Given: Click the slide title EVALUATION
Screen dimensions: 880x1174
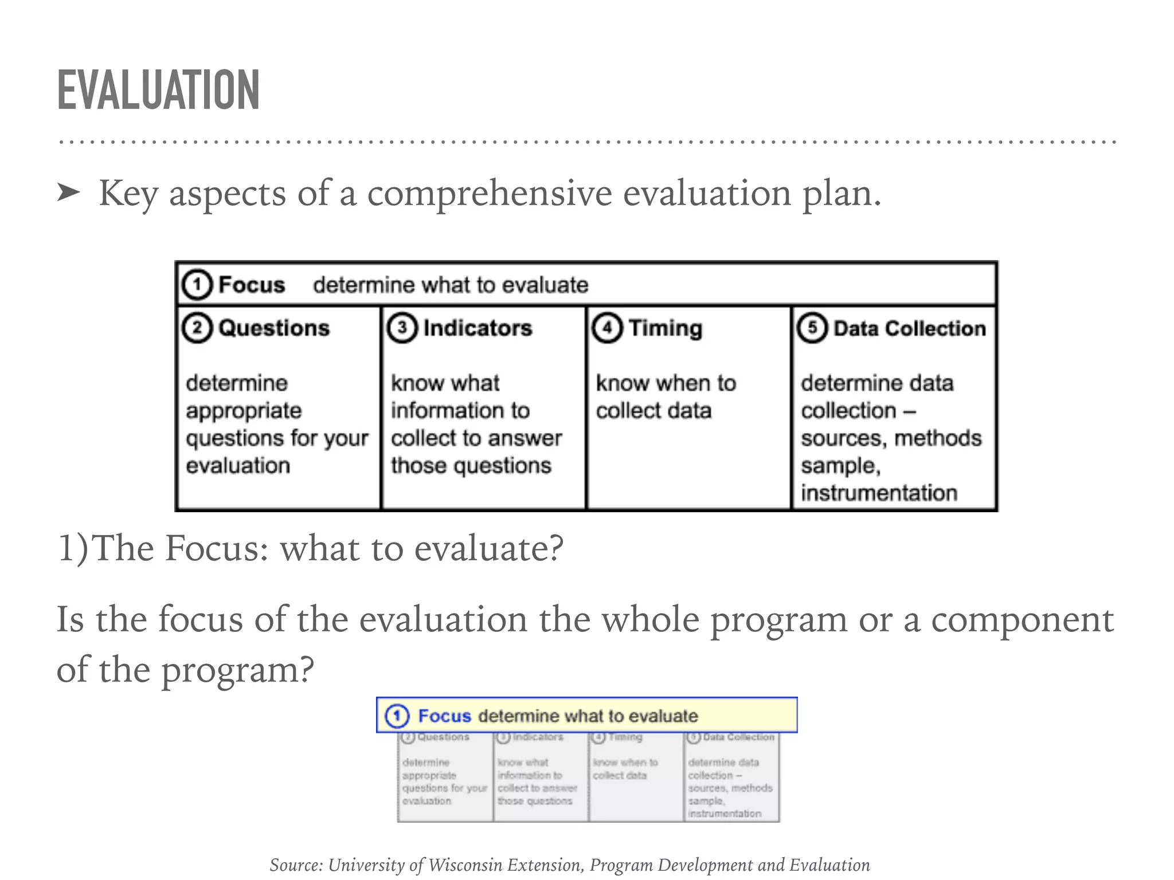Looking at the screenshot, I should (x=158, y=90).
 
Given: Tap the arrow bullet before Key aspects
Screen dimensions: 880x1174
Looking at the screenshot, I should (x=69, y=193).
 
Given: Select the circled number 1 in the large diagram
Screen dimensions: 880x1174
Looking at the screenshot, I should (x=197, y=285).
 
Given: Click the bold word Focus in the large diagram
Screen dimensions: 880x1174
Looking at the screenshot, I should (x=252, y=285).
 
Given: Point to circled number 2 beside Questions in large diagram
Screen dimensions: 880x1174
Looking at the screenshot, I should (x=197, y=328).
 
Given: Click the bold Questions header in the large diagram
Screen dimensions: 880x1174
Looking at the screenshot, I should (x=274, y=328).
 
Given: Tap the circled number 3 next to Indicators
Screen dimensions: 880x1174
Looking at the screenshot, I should (x=402, y=328).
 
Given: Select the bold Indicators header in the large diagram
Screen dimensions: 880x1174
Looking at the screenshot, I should (x=478, y=328).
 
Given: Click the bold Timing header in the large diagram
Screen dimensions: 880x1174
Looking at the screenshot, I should (x=665, y=328).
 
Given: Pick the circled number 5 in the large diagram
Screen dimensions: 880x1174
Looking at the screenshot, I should (x=812, y=328).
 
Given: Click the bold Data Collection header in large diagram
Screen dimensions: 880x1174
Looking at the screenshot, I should (x=909, y=328).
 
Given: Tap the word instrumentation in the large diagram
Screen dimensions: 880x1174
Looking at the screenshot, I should (x=879, y=493).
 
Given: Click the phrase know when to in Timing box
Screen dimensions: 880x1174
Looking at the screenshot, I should (x=666, y=383).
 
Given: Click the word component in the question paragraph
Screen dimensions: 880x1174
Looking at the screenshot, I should (x=1022, y=620).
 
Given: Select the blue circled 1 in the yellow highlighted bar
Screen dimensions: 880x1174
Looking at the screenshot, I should (x=397, y=716).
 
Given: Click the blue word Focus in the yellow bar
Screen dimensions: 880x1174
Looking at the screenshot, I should (x=444, y=716).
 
